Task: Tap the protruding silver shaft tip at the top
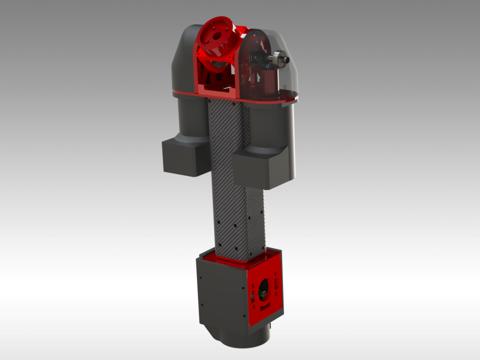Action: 286,60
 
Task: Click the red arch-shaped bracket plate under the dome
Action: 248,70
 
